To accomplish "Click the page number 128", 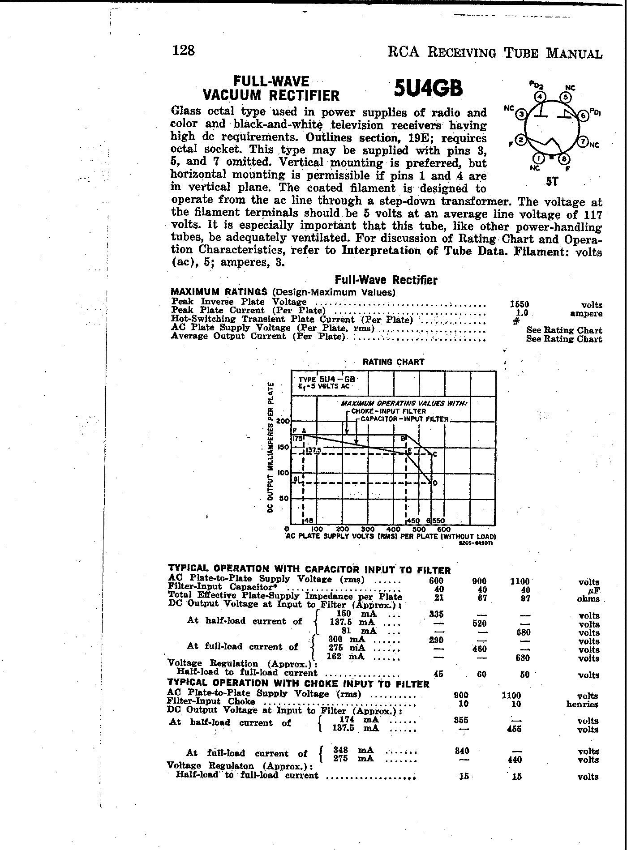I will click(184, 50).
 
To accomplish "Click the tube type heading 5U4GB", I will click(428, 88).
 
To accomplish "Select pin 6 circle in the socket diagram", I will click(583, 115).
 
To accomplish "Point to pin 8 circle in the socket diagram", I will click(564, 159).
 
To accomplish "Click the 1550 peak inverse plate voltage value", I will click(520, 304).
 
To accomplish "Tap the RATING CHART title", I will click(393, 362).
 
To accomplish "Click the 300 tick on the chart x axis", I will click(368, 529).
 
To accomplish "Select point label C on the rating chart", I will click(434, 455).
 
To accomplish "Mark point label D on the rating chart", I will click(434, 483).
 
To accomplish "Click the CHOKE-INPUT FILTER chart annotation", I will click(388, 411).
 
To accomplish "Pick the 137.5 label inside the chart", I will click(313, 450).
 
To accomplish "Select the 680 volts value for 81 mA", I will click(523, 632).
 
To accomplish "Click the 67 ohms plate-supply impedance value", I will click(482, 598).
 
